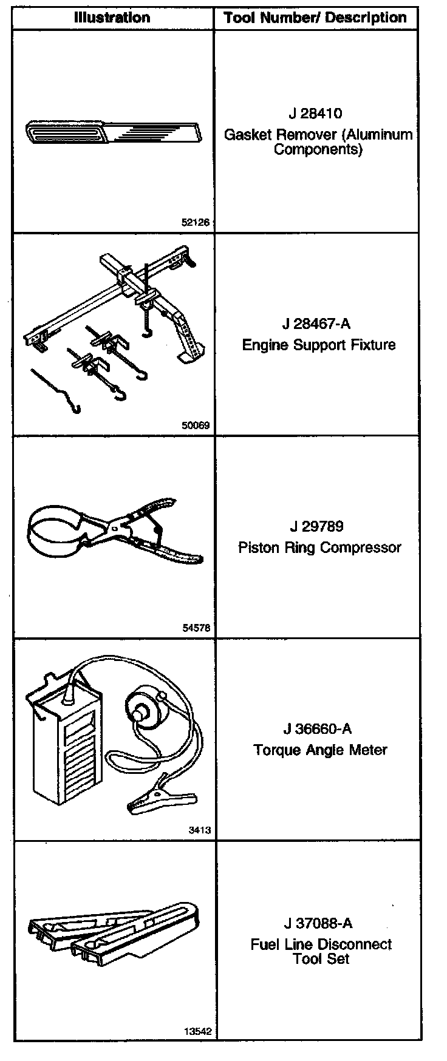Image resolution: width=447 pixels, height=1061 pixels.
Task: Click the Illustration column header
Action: pyautogui.click(x=112, y=17)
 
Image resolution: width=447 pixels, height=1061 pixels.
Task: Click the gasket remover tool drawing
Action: pyautogui.click(x=112, y=131)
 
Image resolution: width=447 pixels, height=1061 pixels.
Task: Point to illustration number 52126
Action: pyautogui.click(x=195, y=222)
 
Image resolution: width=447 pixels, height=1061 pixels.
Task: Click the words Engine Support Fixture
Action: pyautogui.click(x=318, y=345)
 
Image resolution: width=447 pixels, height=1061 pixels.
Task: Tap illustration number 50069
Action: pyautogui.click(x=195, y=425)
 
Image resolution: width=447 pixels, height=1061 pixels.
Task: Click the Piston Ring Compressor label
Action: pyautogui.click(x=319, y=547)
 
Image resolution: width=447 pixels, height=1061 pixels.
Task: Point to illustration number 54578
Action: pyautogui.click(x=195, y=628)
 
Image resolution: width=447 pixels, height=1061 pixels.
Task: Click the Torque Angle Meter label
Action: pyautogui.click(x=320, y=750)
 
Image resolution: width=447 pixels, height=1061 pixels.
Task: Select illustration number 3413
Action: pyautogui.click(x=200, y=830)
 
